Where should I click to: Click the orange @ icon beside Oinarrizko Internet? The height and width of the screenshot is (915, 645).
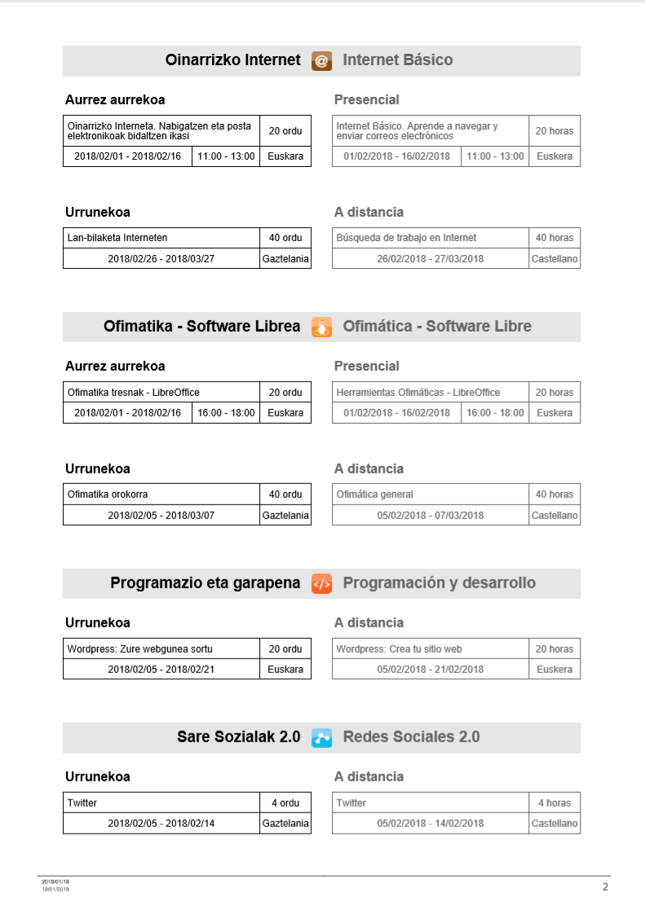(321, 60)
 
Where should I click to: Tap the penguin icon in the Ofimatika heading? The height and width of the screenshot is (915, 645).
(321, 327)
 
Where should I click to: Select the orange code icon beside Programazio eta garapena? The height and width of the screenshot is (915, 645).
(321, 583)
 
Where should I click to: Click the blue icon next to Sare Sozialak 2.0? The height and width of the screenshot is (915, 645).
(321, 737)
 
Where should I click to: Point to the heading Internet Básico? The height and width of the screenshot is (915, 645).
(397, 60)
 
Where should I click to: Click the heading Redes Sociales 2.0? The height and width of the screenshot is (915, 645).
(411, 737)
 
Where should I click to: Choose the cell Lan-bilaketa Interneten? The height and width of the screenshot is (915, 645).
(161, 238)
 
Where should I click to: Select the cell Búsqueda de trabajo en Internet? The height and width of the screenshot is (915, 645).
(430, 238)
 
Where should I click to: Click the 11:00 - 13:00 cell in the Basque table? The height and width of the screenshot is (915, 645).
(226, 156)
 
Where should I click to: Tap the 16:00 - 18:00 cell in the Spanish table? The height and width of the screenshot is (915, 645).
(495, 413)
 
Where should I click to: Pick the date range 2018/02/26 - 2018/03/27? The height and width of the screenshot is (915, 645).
(161, 259)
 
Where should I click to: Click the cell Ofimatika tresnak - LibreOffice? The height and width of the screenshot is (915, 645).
(161, 393)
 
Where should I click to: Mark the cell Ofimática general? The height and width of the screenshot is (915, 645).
(430, 495)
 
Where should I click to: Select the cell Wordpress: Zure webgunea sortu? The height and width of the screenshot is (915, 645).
(161, 649)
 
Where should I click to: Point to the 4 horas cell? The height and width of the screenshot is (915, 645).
(554, 803)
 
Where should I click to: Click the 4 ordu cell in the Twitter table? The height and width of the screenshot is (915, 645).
(285, 803)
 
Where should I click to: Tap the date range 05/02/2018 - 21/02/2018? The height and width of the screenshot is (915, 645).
(430, 670)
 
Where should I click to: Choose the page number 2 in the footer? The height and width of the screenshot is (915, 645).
(605, 887)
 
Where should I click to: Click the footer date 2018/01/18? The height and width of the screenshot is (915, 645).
(55, 882)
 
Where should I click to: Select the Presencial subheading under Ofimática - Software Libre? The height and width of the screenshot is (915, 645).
(367, 367)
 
